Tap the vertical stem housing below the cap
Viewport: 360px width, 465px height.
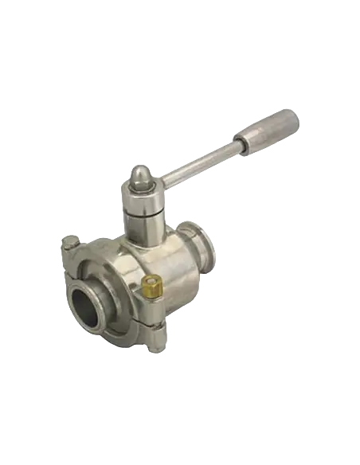[x=145, y=211]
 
